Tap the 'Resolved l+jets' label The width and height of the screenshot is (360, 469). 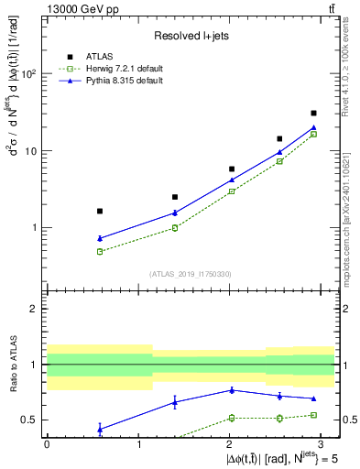click(x=191, y=36)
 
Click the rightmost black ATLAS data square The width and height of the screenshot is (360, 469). click(x=313, y=114)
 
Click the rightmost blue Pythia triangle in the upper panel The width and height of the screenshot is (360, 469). click(x=313, y=127)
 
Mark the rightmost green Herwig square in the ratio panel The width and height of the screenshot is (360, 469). click(x=313, y=415)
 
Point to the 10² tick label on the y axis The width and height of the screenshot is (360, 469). click(x=29, y=73)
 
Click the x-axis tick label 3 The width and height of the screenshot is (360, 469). click(x=322, y=444)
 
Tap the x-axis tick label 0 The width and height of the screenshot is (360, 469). click(x=47, y=444)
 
